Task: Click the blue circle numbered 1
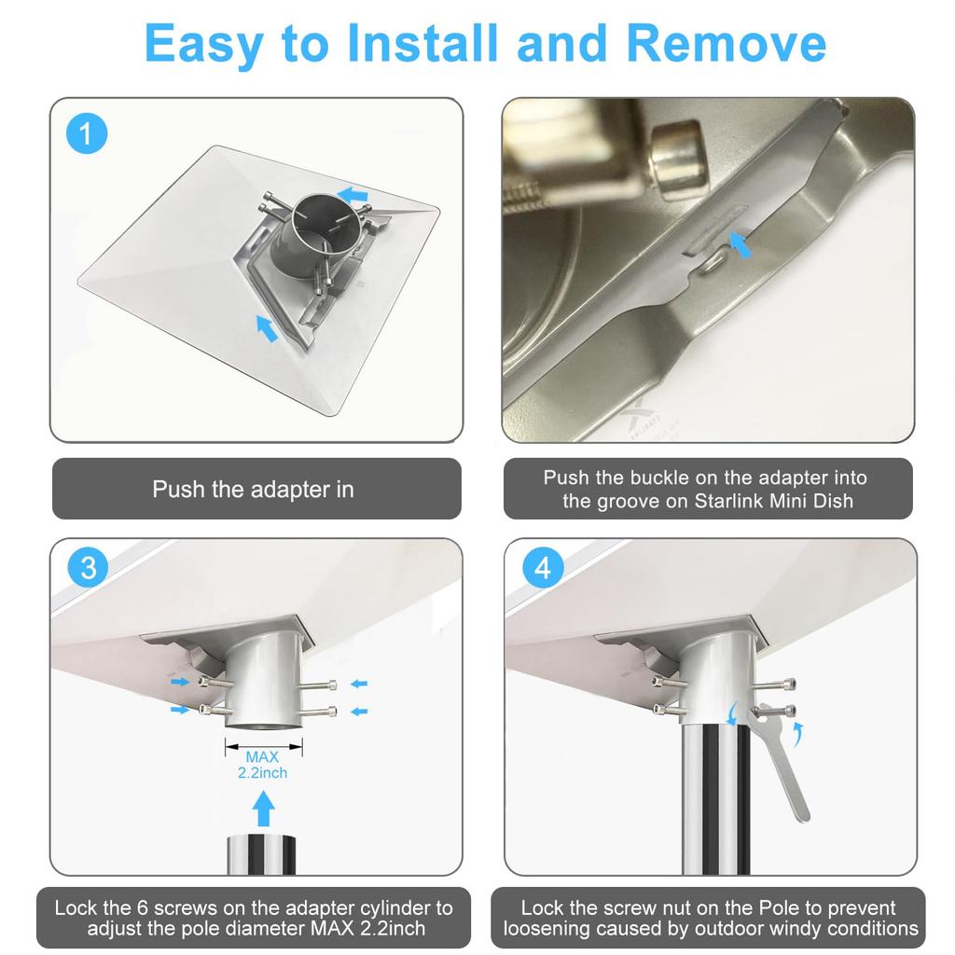click(87, 133)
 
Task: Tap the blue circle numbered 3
click(89, 568)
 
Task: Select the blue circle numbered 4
click(543, 568)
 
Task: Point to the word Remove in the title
click(726, 43)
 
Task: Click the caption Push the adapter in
click(254, 489)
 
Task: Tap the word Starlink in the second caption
click(729, 501)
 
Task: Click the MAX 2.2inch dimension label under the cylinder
click(262, 765)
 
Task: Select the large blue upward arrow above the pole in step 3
click(263, 809)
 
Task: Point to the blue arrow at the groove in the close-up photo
click(740, 245)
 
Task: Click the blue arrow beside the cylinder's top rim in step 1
click(353, 196)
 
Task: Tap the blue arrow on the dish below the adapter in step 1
click(267, 328)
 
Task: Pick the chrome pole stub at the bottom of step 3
click(261, 854)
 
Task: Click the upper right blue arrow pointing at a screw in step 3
click(359, 684)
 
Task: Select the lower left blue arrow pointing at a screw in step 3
click(180, 710)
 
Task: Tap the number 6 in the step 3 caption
click(142, 907)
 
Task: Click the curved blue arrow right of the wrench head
click(798, 734)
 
